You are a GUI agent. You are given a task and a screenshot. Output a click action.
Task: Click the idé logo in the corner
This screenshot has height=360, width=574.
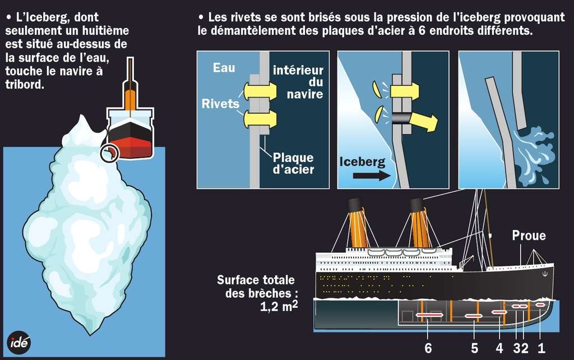pyautogui.click(x=18, y=343)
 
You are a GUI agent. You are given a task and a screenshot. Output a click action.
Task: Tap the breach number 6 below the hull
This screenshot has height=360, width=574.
pyautogui.click(x=428, y=348)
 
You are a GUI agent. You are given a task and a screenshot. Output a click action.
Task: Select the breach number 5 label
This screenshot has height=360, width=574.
pyautogui.click(x=474, y=348)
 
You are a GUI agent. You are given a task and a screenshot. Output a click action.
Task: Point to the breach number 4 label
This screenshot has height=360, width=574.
pyautogui.click(x=499, y=348)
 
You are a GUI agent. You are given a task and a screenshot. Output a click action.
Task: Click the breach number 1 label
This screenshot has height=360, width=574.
pyautogui.click(x=541, y=348)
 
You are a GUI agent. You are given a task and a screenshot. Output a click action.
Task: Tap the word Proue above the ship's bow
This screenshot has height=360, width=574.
pyautogui.click(x=529, y=235)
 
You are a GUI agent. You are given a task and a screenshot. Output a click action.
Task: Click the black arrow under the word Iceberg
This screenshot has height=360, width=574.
pyautogui.click(x=372, y=176)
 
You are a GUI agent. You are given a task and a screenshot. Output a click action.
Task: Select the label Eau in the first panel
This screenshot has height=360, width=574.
pyautogui.click(x=224, y=68)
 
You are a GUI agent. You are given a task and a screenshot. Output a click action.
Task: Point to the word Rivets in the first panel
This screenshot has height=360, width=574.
pyautogui.click(x=220, y=103)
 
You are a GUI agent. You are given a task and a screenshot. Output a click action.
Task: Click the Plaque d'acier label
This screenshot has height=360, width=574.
pyautogui.click(x=293, y=163)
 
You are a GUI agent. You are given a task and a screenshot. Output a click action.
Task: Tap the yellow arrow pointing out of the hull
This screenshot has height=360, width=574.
pyautogui.click(x=423, y=122)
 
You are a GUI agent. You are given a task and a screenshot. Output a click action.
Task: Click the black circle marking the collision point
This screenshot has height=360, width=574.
pyautogui.click(x=109, y=153)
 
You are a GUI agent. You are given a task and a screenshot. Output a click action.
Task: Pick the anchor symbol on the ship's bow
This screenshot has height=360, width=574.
pyautogui.click(x=545, y=274)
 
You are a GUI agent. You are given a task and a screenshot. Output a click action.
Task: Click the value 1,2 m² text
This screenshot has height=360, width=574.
pyautogui.click(x=279, y=306)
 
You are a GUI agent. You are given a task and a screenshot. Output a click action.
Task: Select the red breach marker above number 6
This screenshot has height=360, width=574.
pyautogui.click(x=429, y=315)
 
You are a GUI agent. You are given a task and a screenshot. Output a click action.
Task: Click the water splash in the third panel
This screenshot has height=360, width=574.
pyautogui.click(x=534, y=154)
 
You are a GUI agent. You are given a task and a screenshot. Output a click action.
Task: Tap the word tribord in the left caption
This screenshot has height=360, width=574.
pyautogui.click(x=25, y=84)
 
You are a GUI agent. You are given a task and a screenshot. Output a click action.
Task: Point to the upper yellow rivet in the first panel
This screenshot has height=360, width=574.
pyautogui.click(x=260, y=91)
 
